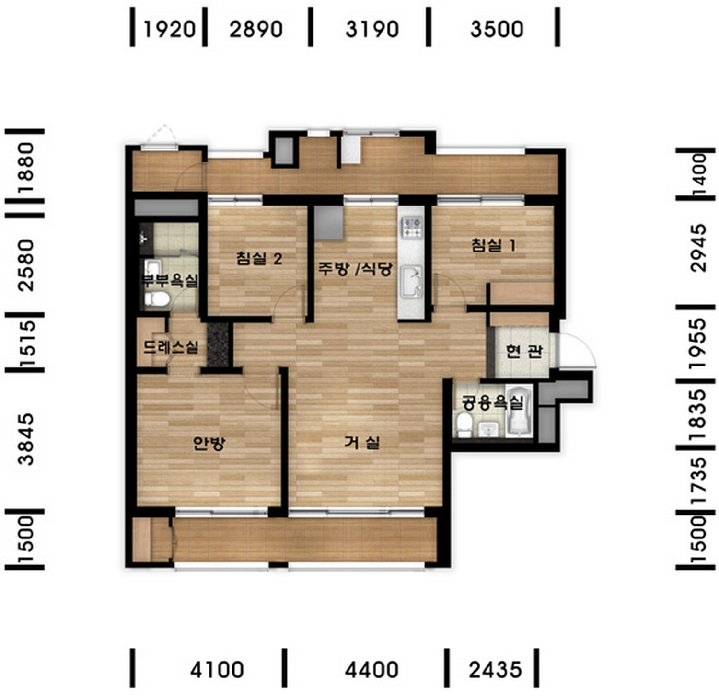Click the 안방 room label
pos(209,443)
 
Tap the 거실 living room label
pos(362,442)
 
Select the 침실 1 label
pos(493,245)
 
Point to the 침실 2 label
pos(259,259)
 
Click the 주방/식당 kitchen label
pos(355,268)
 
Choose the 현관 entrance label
pos(524,351)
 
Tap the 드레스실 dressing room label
pos(171,346)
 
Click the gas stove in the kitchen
pos(412,227)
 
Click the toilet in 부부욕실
pos(157,299)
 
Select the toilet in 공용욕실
pos(464,425)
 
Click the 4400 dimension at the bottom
pos(371,669)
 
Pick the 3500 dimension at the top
pos(497,29)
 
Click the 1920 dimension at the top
pos(170,29)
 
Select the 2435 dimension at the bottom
pos(495,669)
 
